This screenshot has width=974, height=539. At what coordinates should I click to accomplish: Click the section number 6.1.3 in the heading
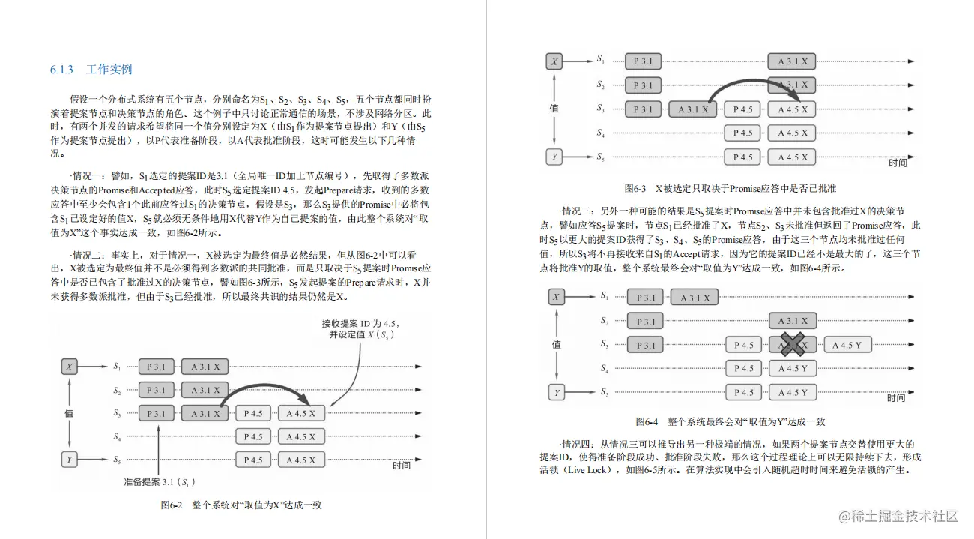pyautogui.click(x=61, y=70)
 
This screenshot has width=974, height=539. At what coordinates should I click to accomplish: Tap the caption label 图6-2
pyautogui.click(x=172, y=505)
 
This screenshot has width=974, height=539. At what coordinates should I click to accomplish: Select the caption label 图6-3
pyautogui.click(x=638, y=188)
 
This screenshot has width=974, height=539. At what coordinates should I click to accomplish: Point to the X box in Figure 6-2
pyautogui.click(x=70, y=367)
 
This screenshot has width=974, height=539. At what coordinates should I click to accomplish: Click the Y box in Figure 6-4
pyautogui.click(x=556, y=392)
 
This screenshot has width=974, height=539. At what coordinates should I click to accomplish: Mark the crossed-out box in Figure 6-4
pyautogui.click(x=793, y=345)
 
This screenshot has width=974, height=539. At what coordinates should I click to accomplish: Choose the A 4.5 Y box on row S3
pyautogui.click(x=853, y=345)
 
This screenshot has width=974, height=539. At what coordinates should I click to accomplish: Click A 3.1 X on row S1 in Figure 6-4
pyautogui.click(x=695, y=298)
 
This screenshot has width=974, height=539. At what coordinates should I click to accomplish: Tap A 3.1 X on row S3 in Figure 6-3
pyautogui.click(x=693, y=109)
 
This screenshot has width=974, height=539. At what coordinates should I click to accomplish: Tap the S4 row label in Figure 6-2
pyautogui.click(x=118, y=436)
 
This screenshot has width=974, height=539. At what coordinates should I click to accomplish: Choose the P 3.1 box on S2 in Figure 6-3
pyautogui.click(x=643, y=85)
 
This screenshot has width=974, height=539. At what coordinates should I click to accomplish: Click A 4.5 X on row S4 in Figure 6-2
pyautogui.click(x=302, y=436)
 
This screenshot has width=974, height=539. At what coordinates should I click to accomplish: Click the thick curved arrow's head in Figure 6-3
pyautogui.click(x=799, y=100)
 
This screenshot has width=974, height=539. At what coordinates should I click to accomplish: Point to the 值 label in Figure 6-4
pyautogui.click(x=555, y=344)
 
